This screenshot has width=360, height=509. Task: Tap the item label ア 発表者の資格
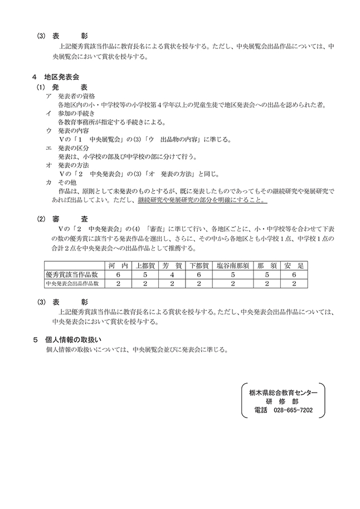(x=72, y=96)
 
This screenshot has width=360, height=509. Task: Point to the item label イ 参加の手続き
(x=72, y=113)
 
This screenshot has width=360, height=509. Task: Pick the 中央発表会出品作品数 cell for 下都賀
(x=200, y=283)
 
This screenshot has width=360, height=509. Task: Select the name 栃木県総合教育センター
(x=283, y=393)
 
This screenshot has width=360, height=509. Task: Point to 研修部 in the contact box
(x=283, y=402)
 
